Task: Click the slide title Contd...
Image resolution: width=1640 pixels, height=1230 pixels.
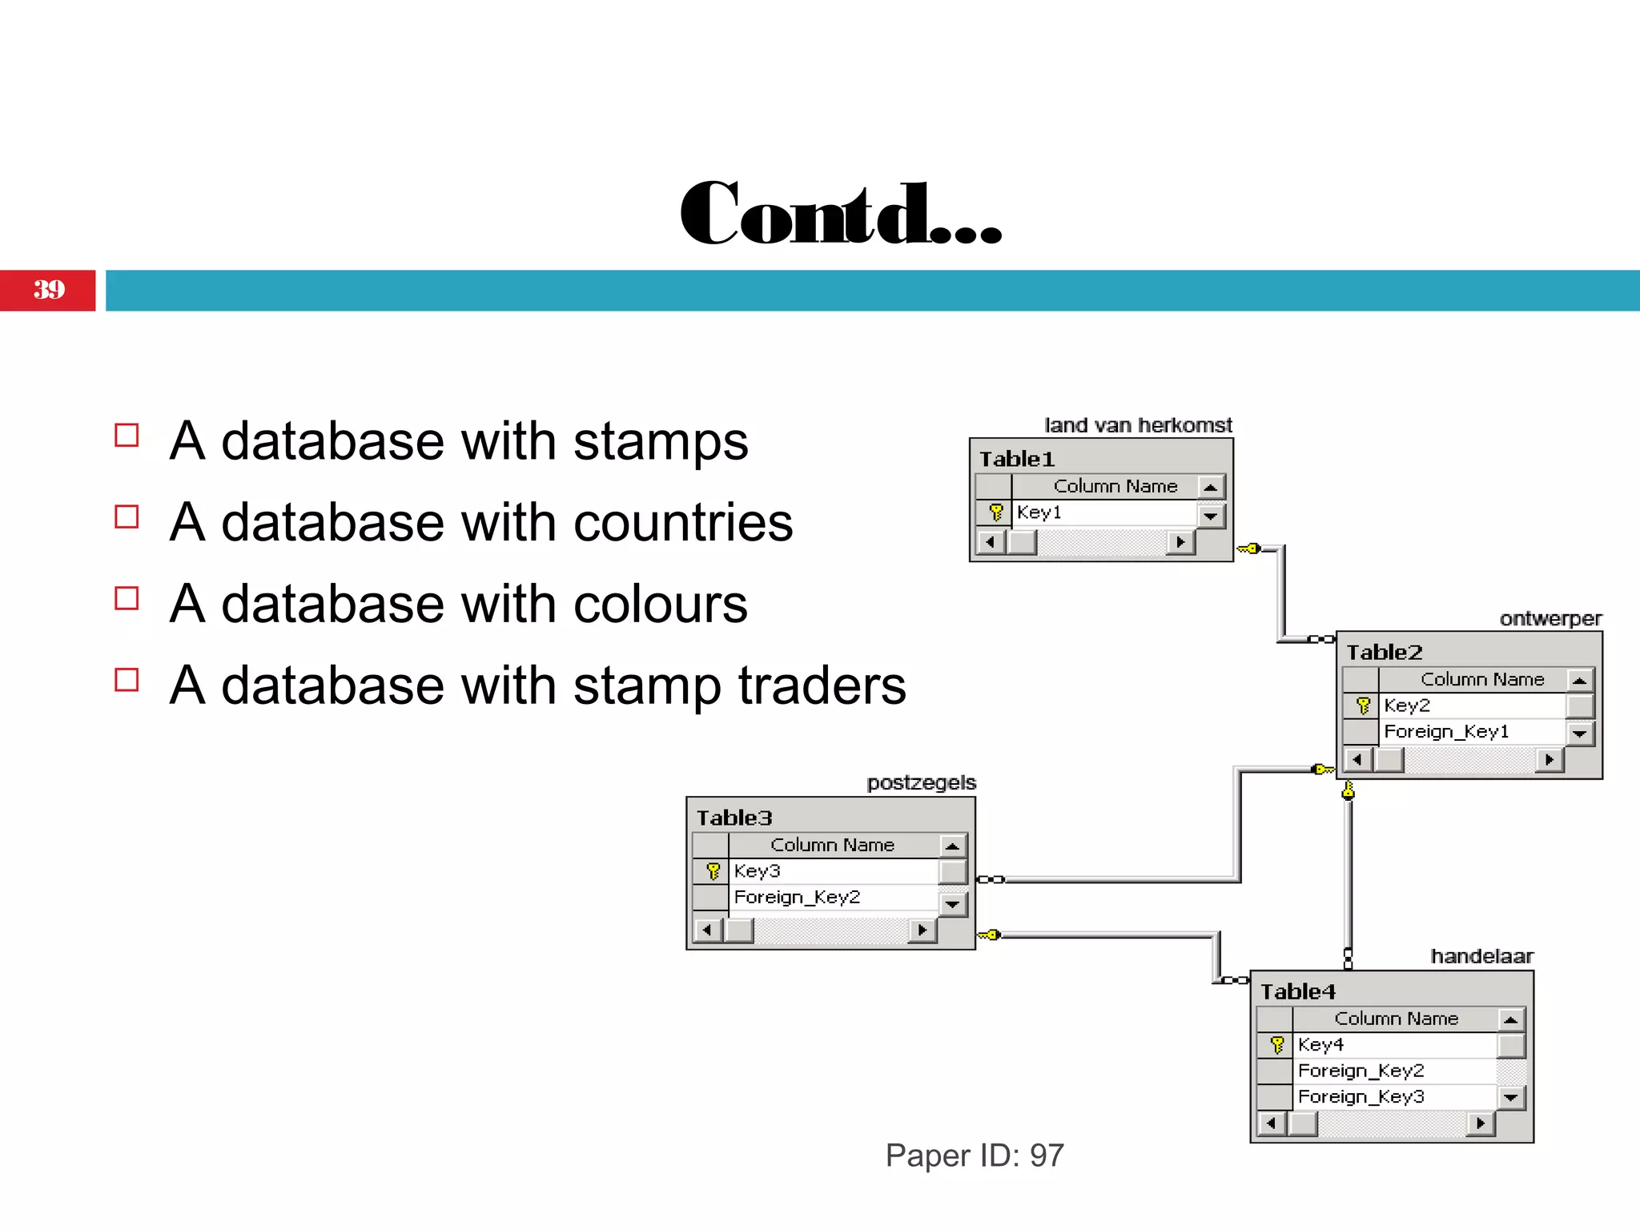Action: point(840,214)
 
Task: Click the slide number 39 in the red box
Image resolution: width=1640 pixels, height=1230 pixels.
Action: point(49,290)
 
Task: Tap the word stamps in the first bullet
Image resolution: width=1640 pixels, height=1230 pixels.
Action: point(661,441)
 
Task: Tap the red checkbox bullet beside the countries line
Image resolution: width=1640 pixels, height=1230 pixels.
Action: point(127,517)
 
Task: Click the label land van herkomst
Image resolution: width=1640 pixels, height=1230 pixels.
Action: point(1138,425)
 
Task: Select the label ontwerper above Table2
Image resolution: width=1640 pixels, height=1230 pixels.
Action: point(1550,619)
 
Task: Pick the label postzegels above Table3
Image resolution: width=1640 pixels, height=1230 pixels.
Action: point(921,782)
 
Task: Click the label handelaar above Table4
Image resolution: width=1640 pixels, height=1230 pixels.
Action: point(1481,956)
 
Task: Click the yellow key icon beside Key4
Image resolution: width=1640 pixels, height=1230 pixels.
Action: point(1277,1045)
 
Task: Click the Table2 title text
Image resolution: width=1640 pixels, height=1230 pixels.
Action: point(1385,653)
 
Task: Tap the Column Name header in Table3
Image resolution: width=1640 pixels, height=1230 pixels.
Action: point(832,845)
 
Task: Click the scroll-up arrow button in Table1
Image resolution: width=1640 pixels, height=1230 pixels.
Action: point(1211,487)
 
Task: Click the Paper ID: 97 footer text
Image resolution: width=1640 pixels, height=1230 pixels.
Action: point(975,1156)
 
